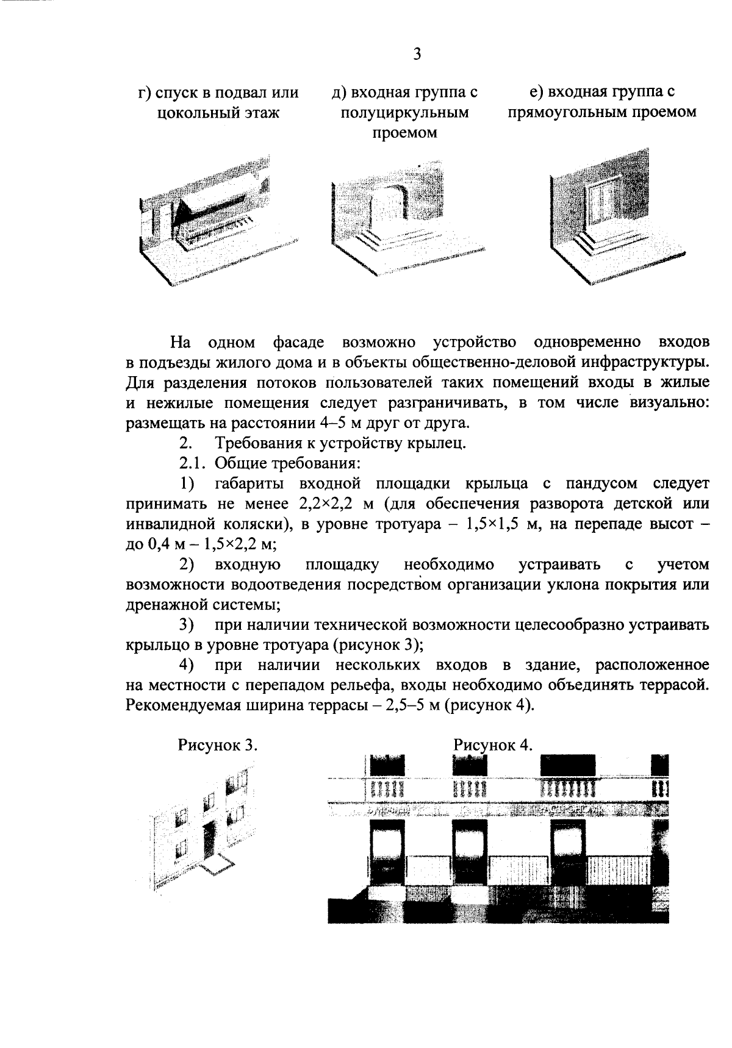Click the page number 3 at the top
pos(417,55)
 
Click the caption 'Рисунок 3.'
pos(217,745)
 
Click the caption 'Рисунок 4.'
pos(493,745)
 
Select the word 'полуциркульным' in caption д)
pos(405,113)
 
